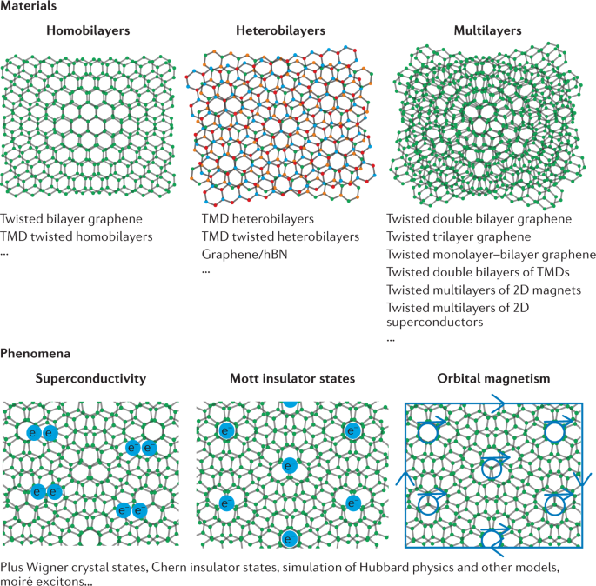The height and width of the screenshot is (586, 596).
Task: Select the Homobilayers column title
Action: pos(88,31)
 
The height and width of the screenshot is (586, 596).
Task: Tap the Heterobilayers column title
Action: pos(280,31)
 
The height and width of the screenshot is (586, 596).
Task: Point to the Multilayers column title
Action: pos(488,31)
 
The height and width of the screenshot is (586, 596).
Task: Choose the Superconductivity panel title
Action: pos(90,379)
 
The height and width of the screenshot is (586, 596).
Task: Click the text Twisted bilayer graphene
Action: pos(71,219)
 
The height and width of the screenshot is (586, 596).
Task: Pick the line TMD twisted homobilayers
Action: pos(77,236)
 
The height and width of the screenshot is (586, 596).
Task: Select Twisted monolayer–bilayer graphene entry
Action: pos(491,254)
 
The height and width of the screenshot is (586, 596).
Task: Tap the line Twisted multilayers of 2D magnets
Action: pos(484,289)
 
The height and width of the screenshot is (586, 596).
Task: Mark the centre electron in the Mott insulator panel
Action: pos(289,467)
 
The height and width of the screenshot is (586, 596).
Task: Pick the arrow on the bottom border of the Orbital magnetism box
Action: pos(494,548)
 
